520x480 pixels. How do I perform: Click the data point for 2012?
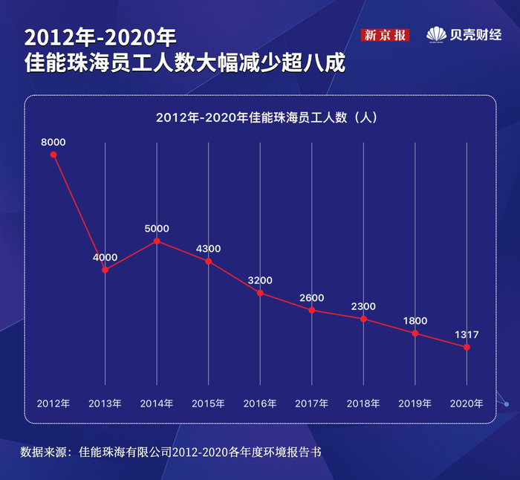[53, 155]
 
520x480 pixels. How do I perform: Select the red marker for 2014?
[157, 241]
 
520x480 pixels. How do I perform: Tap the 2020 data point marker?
[467, 347]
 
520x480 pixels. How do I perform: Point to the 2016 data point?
[260, 293]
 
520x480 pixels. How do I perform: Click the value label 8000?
[53, 142]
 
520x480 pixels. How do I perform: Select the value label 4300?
[208, 248]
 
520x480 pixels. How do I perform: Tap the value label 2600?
[312, 297]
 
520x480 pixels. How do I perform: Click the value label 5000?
[157, 228]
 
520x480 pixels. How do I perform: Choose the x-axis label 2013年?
[105, 403]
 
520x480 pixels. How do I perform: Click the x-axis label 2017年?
[312, 403]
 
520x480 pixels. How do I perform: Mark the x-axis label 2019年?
[415, 403]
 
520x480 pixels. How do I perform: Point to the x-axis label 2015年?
[208, 403]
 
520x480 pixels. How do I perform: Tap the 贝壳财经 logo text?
[474, 35]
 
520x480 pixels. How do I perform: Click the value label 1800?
[415, 320]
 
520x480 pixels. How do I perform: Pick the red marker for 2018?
[363, 319]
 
